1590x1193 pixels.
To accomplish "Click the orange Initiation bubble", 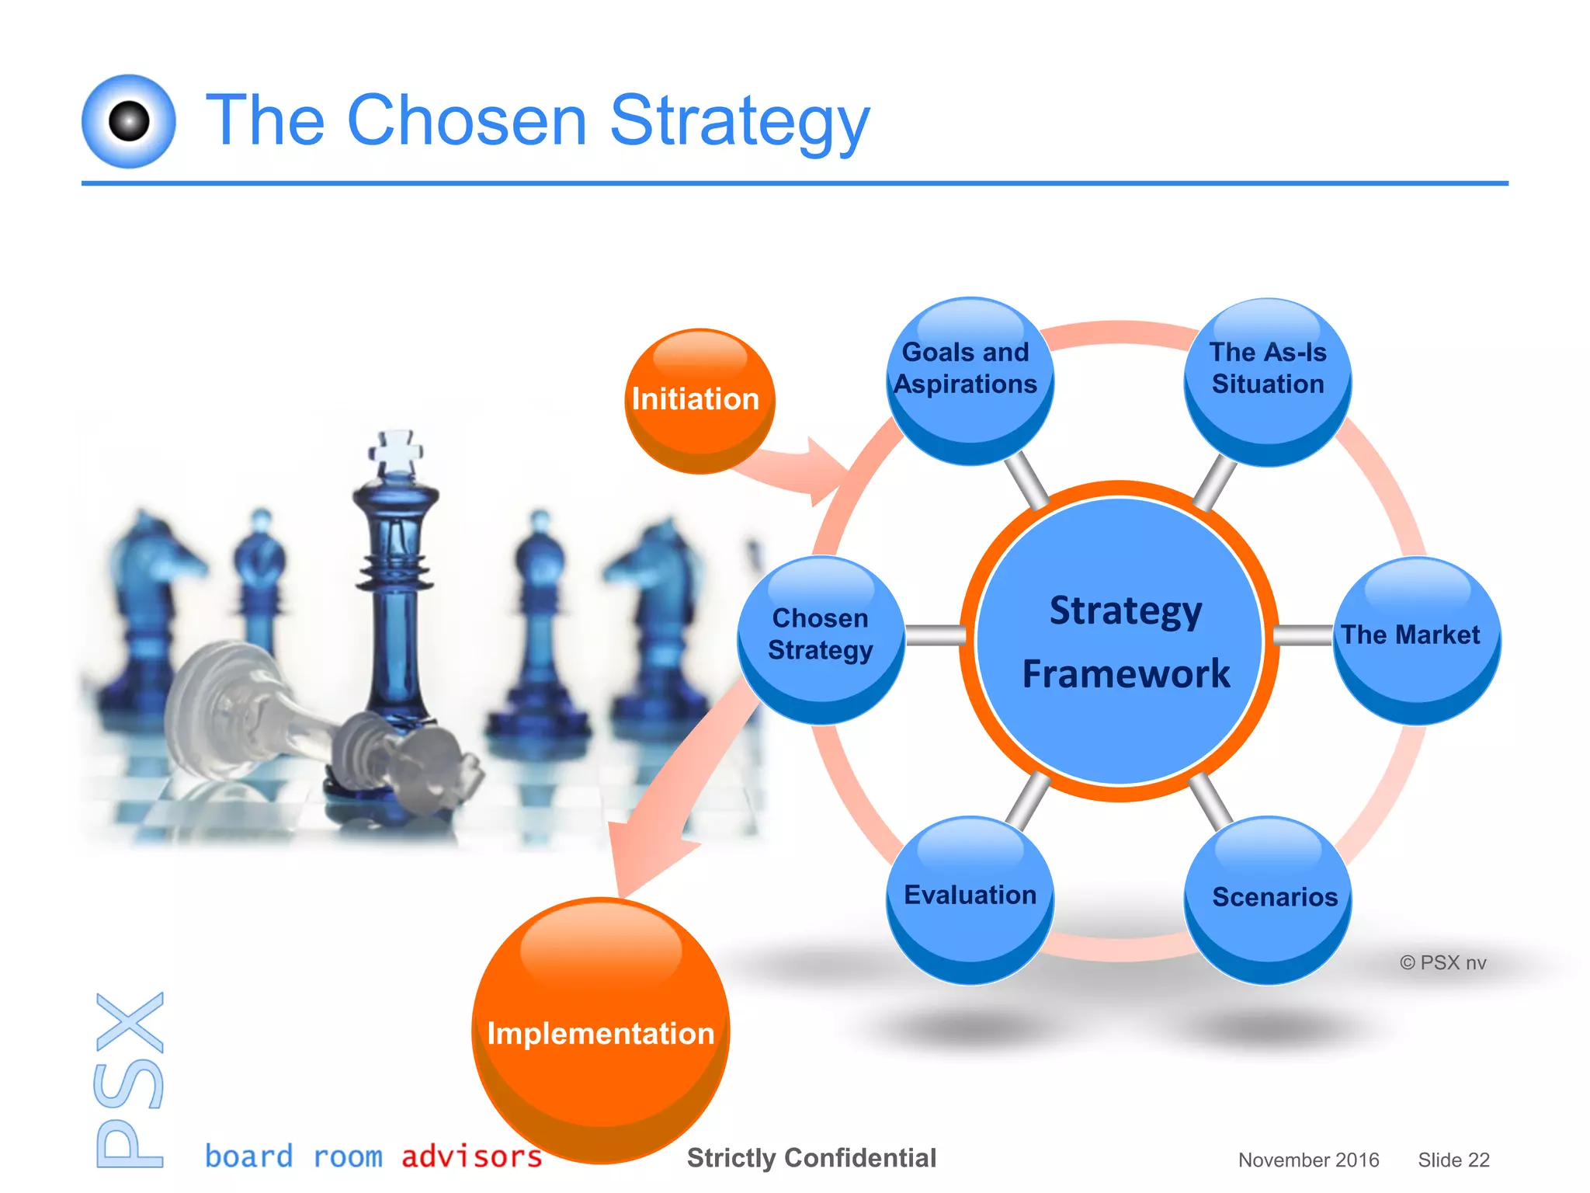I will (x=699, y=400).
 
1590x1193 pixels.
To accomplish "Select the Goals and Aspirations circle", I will (x=969, y=381).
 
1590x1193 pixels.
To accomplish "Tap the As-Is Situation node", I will (x=1267, y=381).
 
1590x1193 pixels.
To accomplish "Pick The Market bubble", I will (x=1416, y=641).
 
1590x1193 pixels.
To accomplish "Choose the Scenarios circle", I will (x=1267, y=899).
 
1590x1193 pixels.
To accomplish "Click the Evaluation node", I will (x=969, y=899).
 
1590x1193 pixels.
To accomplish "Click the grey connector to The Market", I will (x=1303, y=635).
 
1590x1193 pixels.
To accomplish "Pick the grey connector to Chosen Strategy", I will (x=935, y=635).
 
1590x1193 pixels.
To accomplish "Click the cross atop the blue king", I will (x=397, y=450).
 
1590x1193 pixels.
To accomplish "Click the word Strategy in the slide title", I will (x=739, y=120).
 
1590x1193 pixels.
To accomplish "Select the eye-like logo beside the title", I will (x=129, y=121).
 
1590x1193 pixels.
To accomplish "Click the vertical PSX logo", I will (x=130, y=1080).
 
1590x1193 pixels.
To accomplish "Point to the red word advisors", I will (x=471, y=1156).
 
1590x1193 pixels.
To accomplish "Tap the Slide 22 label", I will (x=1453, y=1160).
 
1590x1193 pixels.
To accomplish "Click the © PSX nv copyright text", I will (x=1442, y=962).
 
